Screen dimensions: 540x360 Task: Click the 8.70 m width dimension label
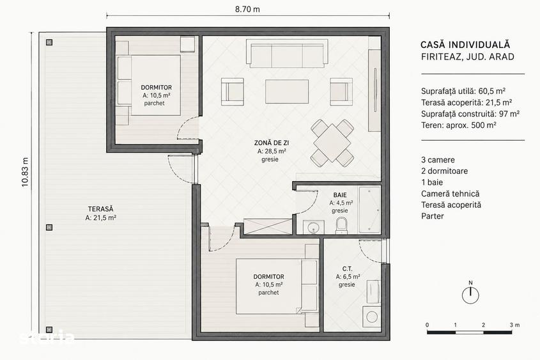tap(247, 10)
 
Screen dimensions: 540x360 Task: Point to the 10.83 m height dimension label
tap(25, 172)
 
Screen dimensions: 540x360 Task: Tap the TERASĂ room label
tap(100, 208)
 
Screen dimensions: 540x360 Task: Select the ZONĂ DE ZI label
tap(272, 143)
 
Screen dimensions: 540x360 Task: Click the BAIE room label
tap(340, 195)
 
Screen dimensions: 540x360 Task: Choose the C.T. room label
tap(347, 269)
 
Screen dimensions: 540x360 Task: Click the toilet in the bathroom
tap(342, 226)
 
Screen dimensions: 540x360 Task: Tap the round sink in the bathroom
tap(313, 228)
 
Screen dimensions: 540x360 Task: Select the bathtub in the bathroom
tap(369, 210)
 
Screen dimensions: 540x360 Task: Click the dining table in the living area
tap(332, 143)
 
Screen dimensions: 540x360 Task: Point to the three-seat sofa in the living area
tap(287, 54)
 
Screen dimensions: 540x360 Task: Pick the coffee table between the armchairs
tap(287, 91)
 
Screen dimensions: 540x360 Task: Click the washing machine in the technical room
tap(372, 317)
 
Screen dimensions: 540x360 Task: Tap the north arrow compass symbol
tap(470, 295)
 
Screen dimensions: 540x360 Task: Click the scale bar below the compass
tap(470, 332)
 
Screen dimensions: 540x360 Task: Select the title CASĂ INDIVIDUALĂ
tap(465, 45)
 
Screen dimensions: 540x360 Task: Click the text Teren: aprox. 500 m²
tap(458, 125)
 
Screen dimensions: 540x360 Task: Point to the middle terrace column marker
tap(49, 228)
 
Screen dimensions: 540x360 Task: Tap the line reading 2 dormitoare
tap(444, 171)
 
